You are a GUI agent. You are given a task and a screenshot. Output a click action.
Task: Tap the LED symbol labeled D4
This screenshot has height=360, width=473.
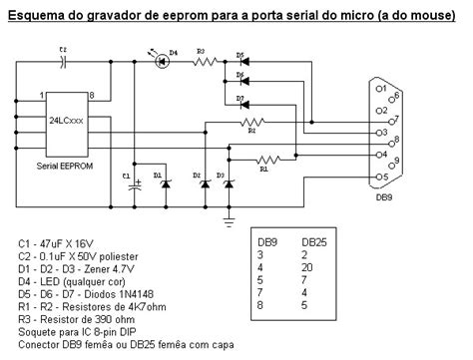(x=162, y=61)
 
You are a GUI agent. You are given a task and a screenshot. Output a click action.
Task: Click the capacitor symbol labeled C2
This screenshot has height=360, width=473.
(x=62, y=61)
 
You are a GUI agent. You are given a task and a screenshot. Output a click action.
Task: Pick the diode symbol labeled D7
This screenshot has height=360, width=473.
(x=240, y=107)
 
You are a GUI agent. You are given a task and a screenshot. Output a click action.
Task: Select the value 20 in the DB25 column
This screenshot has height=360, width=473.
(x=308, y=268)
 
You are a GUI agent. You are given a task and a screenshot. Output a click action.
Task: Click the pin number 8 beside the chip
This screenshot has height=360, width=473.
(x=91, y=95)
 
